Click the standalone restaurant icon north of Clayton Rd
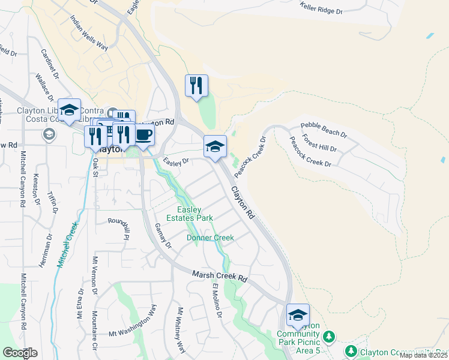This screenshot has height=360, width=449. (x=196, y=86)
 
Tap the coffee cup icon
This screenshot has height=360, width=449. (x=143, y=134)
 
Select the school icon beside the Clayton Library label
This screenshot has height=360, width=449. (x=70, y=110)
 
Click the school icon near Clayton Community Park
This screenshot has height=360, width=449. (x=298, y=315)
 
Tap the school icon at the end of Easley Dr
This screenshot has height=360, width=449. (x=215, y=146)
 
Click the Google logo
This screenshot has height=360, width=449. (x=20, y=353)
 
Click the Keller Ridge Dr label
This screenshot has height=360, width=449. (x=321, y=11)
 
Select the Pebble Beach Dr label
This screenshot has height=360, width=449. (x=324, y=127)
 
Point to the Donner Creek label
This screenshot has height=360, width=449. (x=210, y=238)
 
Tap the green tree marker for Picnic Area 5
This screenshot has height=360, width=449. (x=328, y=335)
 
